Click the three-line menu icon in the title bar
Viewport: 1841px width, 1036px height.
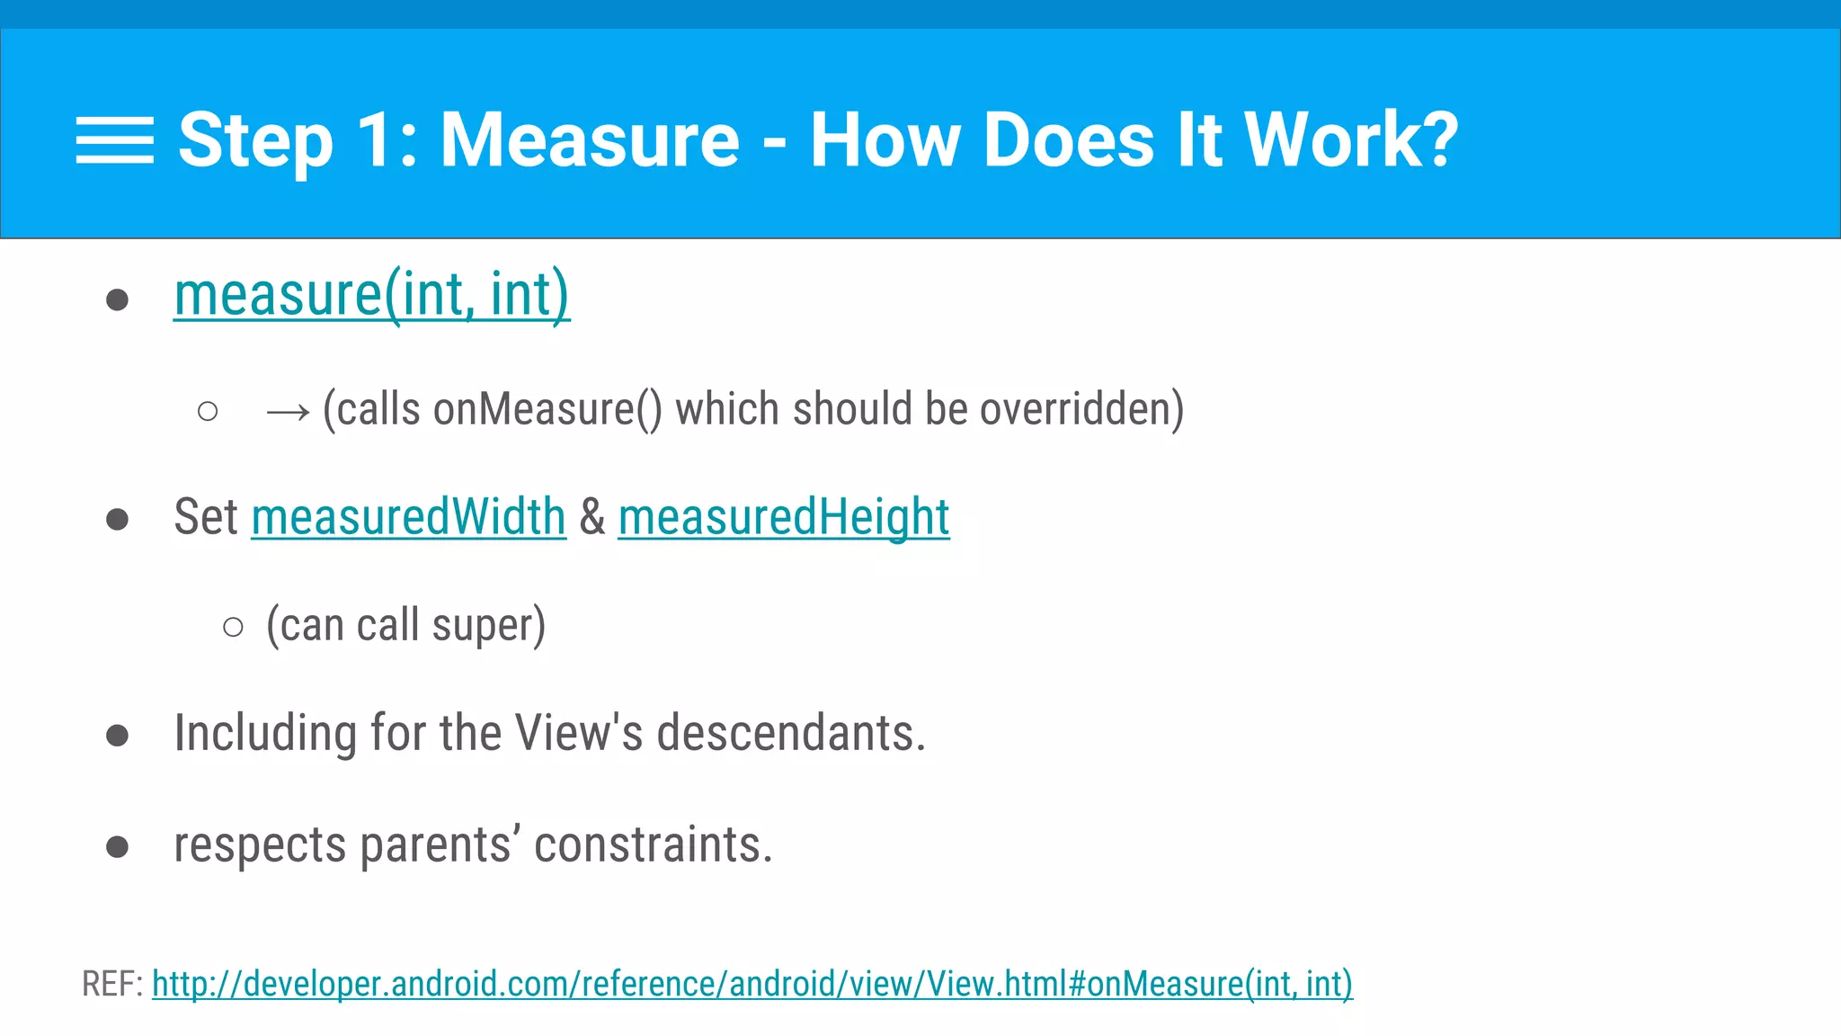tap(114, 140)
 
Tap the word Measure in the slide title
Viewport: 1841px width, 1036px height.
tap(590, 140)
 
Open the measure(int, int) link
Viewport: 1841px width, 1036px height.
tap(371, 295)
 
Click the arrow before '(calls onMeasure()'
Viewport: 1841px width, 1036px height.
tap(288, 413)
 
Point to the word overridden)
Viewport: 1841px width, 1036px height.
tap(1081, 409)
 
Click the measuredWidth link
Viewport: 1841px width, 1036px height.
tap(408, 517)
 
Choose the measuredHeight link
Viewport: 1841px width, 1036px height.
tap(783, 517)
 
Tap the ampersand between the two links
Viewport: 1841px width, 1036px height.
tap(592, 517)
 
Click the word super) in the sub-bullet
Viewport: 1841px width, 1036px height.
tap(488, 626)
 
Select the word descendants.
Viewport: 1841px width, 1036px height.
tap(790, 733)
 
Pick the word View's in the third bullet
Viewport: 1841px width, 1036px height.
tap(579, 733)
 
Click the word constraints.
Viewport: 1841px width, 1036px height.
tap(653, 845)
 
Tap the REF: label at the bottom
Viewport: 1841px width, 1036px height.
tap(112, 984)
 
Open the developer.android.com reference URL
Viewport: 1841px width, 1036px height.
tap(752, 984)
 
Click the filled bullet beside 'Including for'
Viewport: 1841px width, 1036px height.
tap(117, 736)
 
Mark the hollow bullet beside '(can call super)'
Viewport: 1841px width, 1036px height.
tap(233, 627)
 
